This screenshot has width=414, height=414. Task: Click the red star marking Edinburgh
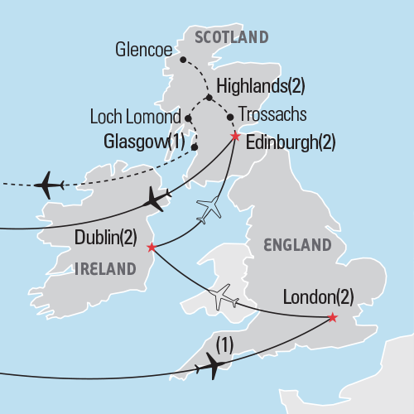[235, 137]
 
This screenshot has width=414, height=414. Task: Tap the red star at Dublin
[151, 247]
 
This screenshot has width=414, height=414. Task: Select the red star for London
[332, 318]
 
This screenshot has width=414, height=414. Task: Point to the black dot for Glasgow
[195, 147]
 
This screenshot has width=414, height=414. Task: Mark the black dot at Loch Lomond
[189, 118]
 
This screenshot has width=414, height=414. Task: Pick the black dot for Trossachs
[229, 117]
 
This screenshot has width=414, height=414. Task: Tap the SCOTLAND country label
[231, 37]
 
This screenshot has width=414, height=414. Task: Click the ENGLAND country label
[296, 245]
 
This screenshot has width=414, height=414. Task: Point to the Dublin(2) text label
[106, 238]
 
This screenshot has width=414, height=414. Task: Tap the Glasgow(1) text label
[146, 142]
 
